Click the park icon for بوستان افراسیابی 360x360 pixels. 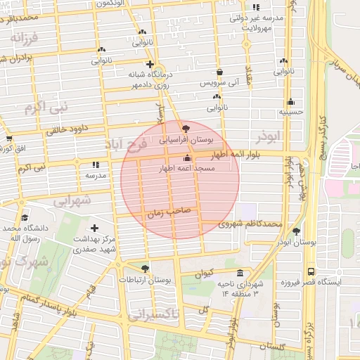point(186,129)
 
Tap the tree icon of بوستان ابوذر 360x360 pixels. point(296,231)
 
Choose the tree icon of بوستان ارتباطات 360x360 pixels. point(145,269)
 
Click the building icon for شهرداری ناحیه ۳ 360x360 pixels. point(240,273)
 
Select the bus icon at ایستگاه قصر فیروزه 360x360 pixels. point(310,271)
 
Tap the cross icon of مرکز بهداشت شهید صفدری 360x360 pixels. point(95,228)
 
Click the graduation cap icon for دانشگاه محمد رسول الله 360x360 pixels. point(25,217)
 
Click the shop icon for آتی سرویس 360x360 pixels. point(220,72)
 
